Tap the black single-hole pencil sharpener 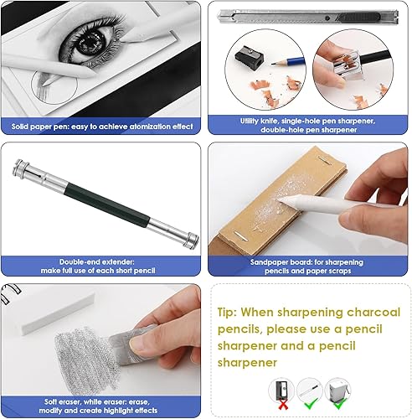click(250, 55)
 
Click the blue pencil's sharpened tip click(273, 64)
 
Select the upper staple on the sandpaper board click(325, 160)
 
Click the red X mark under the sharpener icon click(283, 405)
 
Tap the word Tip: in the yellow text click(227, 312)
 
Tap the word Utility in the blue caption click(250, 122)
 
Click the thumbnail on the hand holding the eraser click(140, 342)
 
